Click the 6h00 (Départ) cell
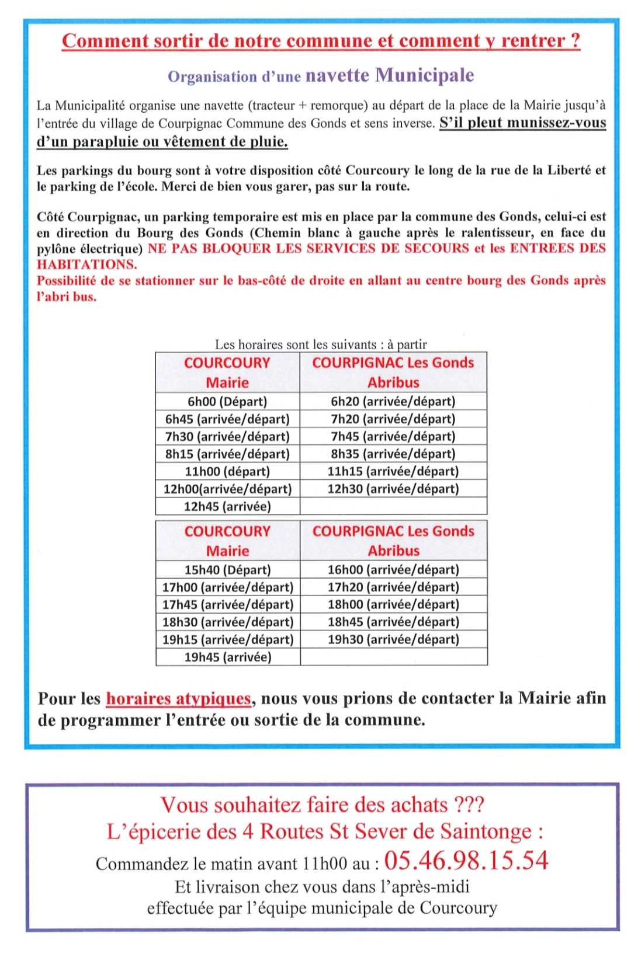(x=227, y=402)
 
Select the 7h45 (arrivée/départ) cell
(x=393, y=437)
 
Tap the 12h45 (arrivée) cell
(x=227, y=507)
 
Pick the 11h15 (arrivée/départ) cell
(x=393, y=472)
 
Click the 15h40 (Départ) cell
(x=228, y=570)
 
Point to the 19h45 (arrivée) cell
(x=228, y=657)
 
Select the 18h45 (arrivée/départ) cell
(x=393, y=622)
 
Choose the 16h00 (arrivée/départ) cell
(x=393, y=570)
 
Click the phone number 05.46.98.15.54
(x=466, y=861)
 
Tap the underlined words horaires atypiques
(x=178, y=699)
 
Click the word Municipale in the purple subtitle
(x=424, y=75)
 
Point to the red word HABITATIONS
(x=86, y=265)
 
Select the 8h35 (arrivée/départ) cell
(x=393, y=454)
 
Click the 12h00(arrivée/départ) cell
(x=227, y=489)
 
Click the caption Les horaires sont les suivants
(x=296, y=344)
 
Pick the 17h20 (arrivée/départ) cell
(x=393, y=587)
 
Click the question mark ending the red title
(x=575, y=41)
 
